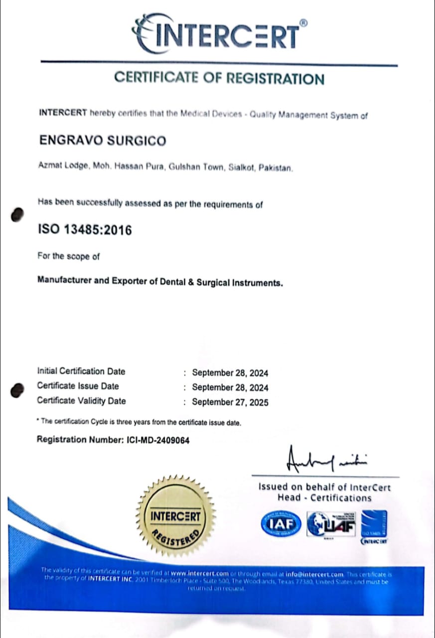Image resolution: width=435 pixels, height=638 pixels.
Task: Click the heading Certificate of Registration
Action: tap(219, 78)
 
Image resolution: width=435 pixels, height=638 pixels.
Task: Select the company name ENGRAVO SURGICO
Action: tap(103, 141)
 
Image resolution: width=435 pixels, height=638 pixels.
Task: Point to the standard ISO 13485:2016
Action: tap(85, 230)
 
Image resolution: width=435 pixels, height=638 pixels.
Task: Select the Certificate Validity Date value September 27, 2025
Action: tap(230, 402)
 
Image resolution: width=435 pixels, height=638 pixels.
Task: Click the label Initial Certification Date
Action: tap(81, 371)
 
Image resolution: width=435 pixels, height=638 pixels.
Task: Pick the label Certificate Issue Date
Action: tap(78, 386)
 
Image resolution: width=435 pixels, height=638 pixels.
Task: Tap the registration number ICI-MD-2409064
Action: tap(155, 440)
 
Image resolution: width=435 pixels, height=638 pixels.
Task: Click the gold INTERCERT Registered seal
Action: tap(175, 516)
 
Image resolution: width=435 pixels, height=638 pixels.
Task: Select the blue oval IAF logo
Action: tap(281, 523)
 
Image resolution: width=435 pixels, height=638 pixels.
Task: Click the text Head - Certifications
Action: tap(324, 498)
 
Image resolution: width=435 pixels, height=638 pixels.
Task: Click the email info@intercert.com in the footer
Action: tap(314, 575)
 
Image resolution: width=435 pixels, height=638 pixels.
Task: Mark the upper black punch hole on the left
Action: tap(17, 214)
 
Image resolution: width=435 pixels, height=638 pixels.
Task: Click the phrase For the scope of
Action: tap(69, 256)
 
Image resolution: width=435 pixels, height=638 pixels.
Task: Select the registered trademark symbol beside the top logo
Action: tap(303, 22)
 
